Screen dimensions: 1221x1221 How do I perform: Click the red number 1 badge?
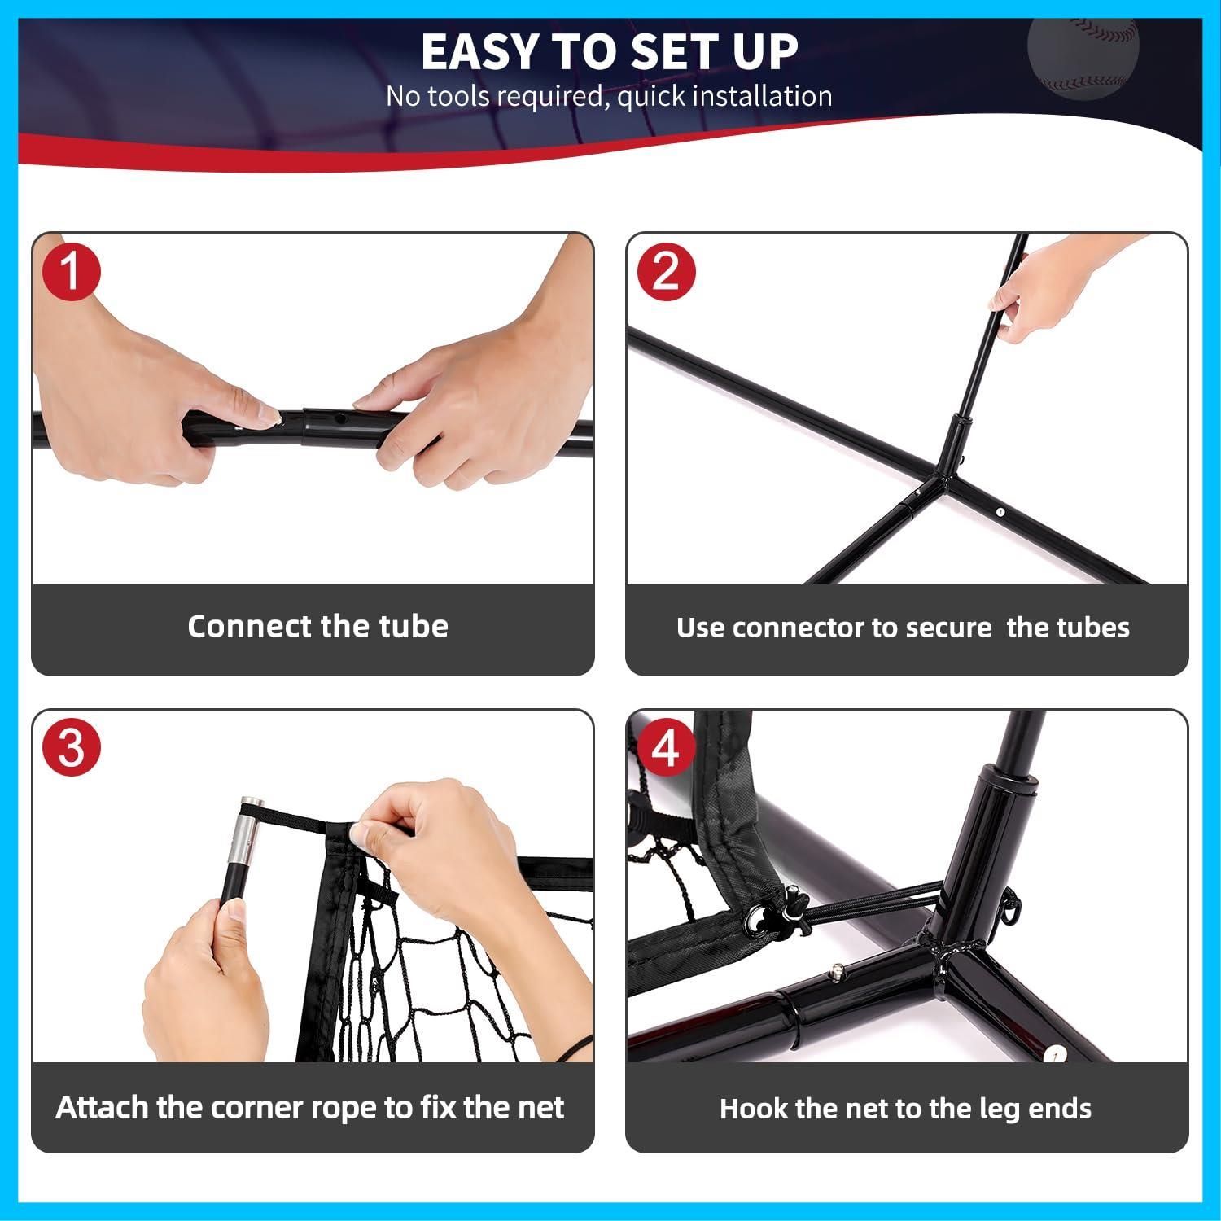pos(72,271)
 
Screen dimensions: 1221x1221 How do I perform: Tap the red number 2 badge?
pos(667,271)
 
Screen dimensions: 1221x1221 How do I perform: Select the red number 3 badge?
pos(72,747)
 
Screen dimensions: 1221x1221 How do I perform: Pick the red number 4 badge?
pos(667,747)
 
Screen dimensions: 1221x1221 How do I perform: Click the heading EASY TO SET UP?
pos(610,52)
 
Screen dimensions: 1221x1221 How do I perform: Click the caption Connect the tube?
pos(317,626)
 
